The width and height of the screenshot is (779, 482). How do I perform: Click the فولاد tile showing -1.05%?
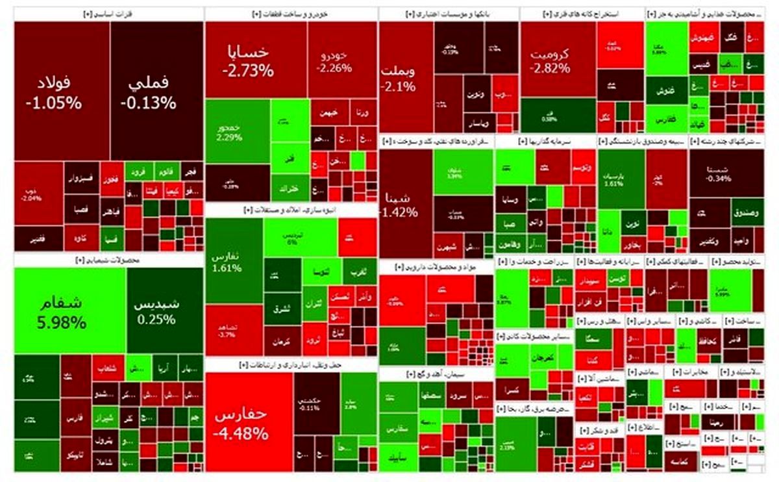click(55, 92)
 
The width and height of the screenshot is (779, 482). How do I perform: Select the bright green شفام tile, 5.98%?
click(69, 311)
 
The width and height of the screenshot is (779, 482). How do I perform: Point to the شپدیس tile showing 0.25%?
click(155, 311)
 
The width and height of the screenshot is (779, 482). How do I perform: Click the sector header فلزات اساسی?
click(108, 13)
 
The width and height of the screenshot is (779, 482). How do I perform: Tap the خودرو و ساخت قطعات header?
click(291, 13)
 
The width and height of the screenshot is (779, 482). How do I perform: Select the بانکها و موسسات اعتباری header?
click(448, 13)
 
